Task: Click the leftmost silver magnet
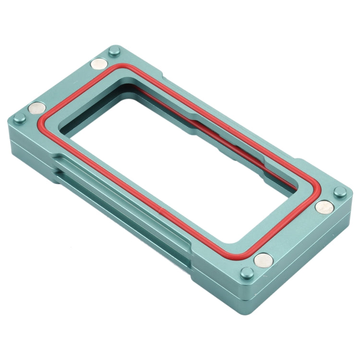[37, 108]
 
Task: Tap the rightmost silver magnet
[325, 207]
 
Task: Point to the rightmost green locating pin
[340, 192]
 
